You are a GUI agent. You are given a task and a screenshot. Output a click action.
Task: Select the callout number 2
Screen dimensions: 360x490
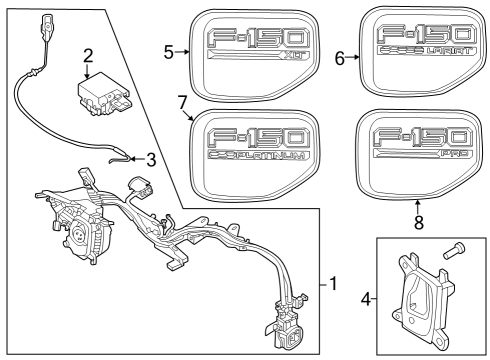[89, 55]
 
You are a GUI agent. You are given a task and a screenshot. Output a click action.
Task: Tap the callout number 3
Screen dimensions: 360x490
[151, 158]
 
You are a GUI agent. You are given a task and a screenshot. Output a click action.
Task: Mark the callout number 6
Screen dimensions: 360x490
[340, 58]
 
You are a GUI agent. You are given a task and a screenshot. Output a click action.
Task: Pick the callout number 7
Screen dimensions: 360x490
[182, 102]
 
